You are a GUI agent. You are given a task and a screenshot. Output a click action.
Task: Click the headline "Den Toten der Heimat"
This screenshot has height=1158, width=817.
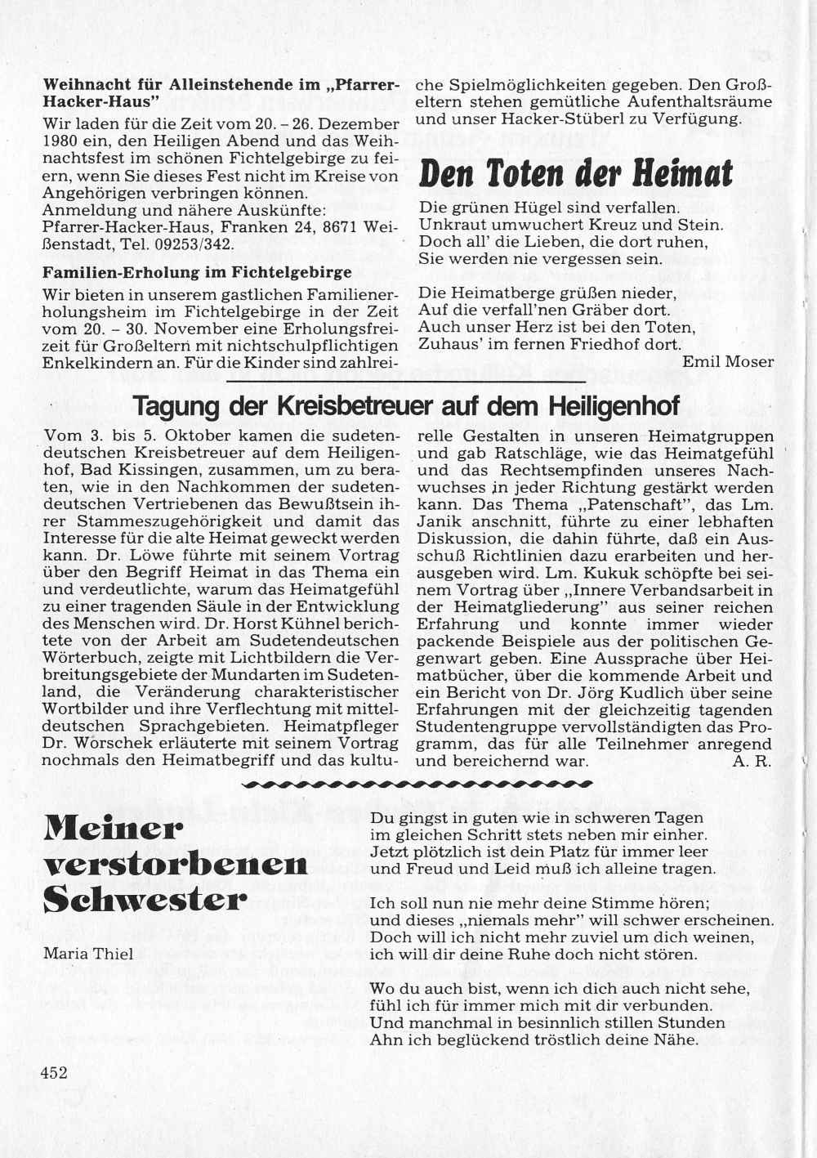point(575,173)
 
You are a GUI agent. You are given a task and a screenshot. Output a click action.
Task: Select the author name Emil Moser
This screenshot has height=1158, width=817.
point(727,361)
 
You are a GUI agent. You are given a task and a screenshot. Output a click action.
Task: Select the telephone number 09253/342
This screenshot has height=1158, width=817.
point(199,244)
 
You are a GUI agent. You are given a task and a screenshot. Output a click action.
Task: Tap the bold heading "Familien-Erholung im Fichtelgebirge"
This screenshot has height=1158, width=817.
point(197,272)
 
